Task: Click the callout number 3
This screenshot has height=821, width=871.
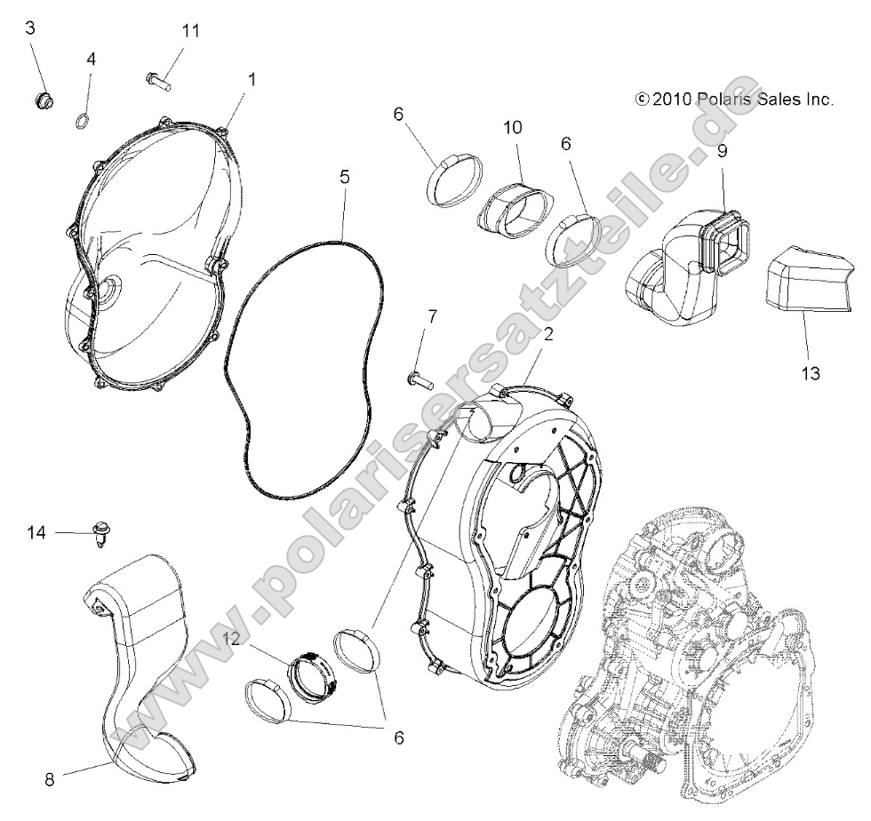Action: pos(30,28)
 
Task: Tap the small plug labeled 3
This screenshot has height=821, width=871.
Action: pos(41,100)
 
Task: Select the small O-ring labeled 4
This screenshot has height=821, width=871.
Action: pos(80,121)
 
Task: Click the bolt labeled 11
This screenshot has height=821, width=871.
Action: pos(157,80)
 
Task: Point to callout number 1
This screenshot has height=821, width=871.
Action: pos(252,79)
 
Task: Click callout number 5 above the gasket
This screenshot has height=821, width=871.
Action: pos(344,177)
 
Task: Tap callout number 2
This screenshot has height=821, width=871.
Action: pos(548,335)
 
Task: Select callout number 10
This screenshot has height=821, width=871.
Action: pos(513,127)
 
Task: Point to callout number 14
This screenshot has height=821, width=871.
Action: pos(36,532)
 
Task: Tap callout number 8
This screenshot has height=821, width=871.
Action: pos(50,780)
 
